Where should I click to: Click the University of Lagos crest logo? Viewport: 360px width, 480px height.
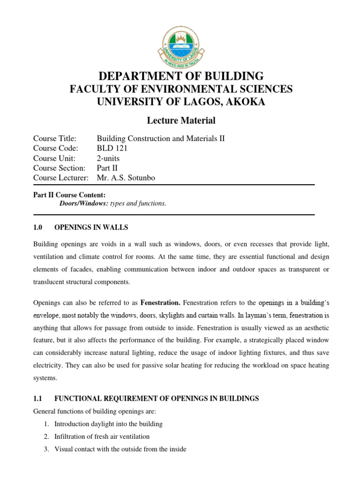[x=180, y=45]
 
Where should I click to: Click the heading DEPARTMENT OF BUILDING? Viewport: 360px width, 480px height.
[x=180, y=76]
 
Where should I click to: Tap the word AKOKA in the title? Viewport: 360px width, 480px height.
[x=243, y=102]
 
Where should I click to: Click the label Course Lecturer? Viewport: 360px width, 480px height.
[x=61, y=178]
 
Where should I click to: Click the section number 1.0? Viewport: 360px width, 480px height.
[x=38, y=227]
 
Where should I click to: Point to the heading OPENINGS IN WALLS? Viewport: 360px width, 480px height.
[x=91, y=227]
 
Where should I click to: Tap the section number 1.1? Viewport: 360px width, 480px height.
[x=38, y=398]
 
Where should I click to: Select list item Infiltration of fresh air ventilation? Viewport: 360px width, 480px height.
[x=102, y=436]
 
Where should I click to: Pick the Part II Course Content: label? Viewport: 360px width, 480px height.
[x=69, y=195]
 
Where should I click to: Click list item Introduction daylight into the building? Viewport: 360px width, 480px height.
[x=108, y=424]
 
